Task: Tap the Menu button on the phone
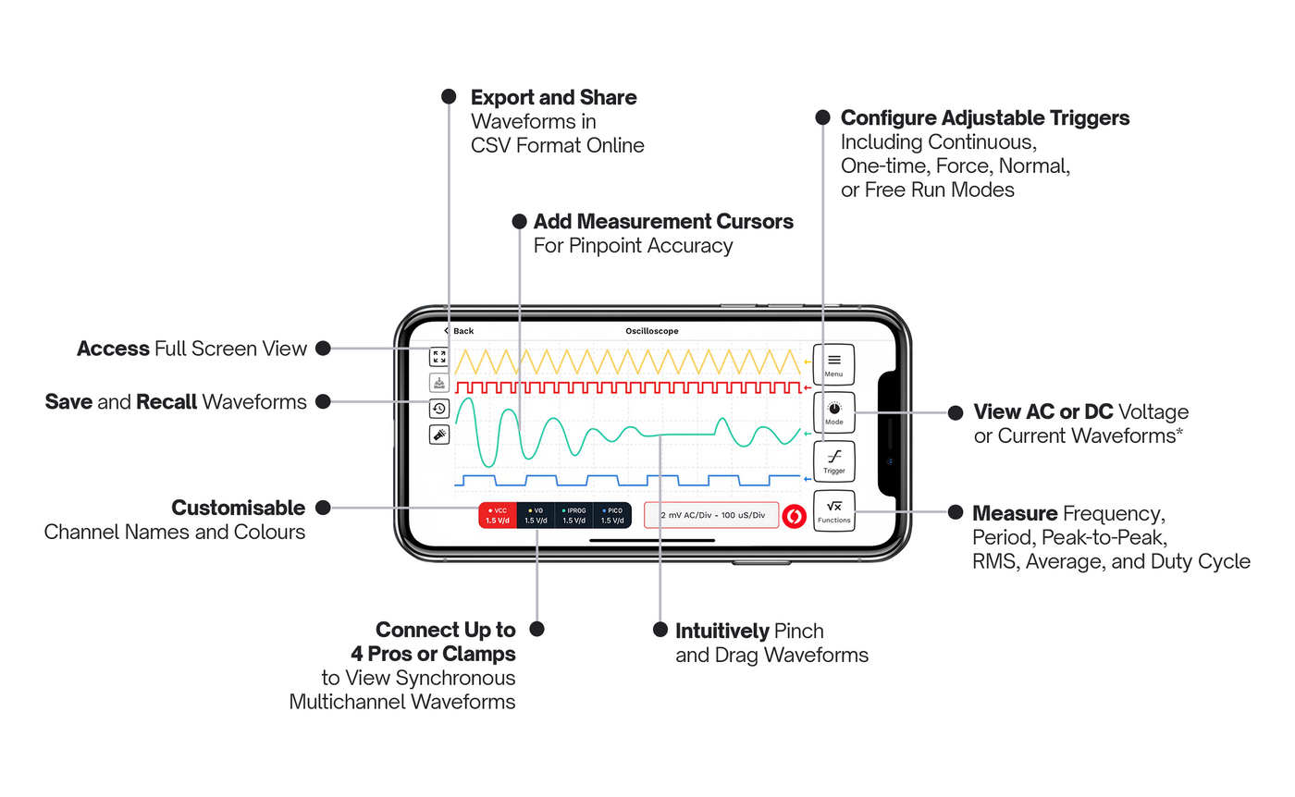click(833, 363)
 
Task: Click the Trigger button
click(833, 460)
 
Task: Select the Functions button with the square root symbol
click(833, 511)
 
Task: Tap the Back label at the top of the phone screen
click(459, 331)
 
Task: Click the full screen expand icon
click(439, 357)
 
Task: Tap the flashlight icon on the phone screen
click(439, 434)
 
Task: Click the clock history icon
click(439, 408)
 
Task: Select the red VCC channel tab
click(497, 515)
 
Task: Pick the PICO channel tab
click(611, 515)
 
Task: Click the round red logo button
click(794, 515)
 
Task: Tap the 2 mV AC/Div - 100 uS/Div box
click(711, 515)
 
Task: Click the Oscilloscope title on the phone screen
click(652, 331)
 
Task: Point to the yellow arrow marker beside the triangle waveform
click(808, 362)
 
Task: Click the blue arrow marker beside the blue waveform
click(808, 479)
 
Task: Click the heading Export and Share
click(553, 97)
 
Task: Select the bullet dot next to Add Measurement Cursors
click(519, 222)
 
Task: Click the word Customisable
click(238, 508)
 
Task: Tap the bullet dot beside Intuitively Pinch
click(660, 630)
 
